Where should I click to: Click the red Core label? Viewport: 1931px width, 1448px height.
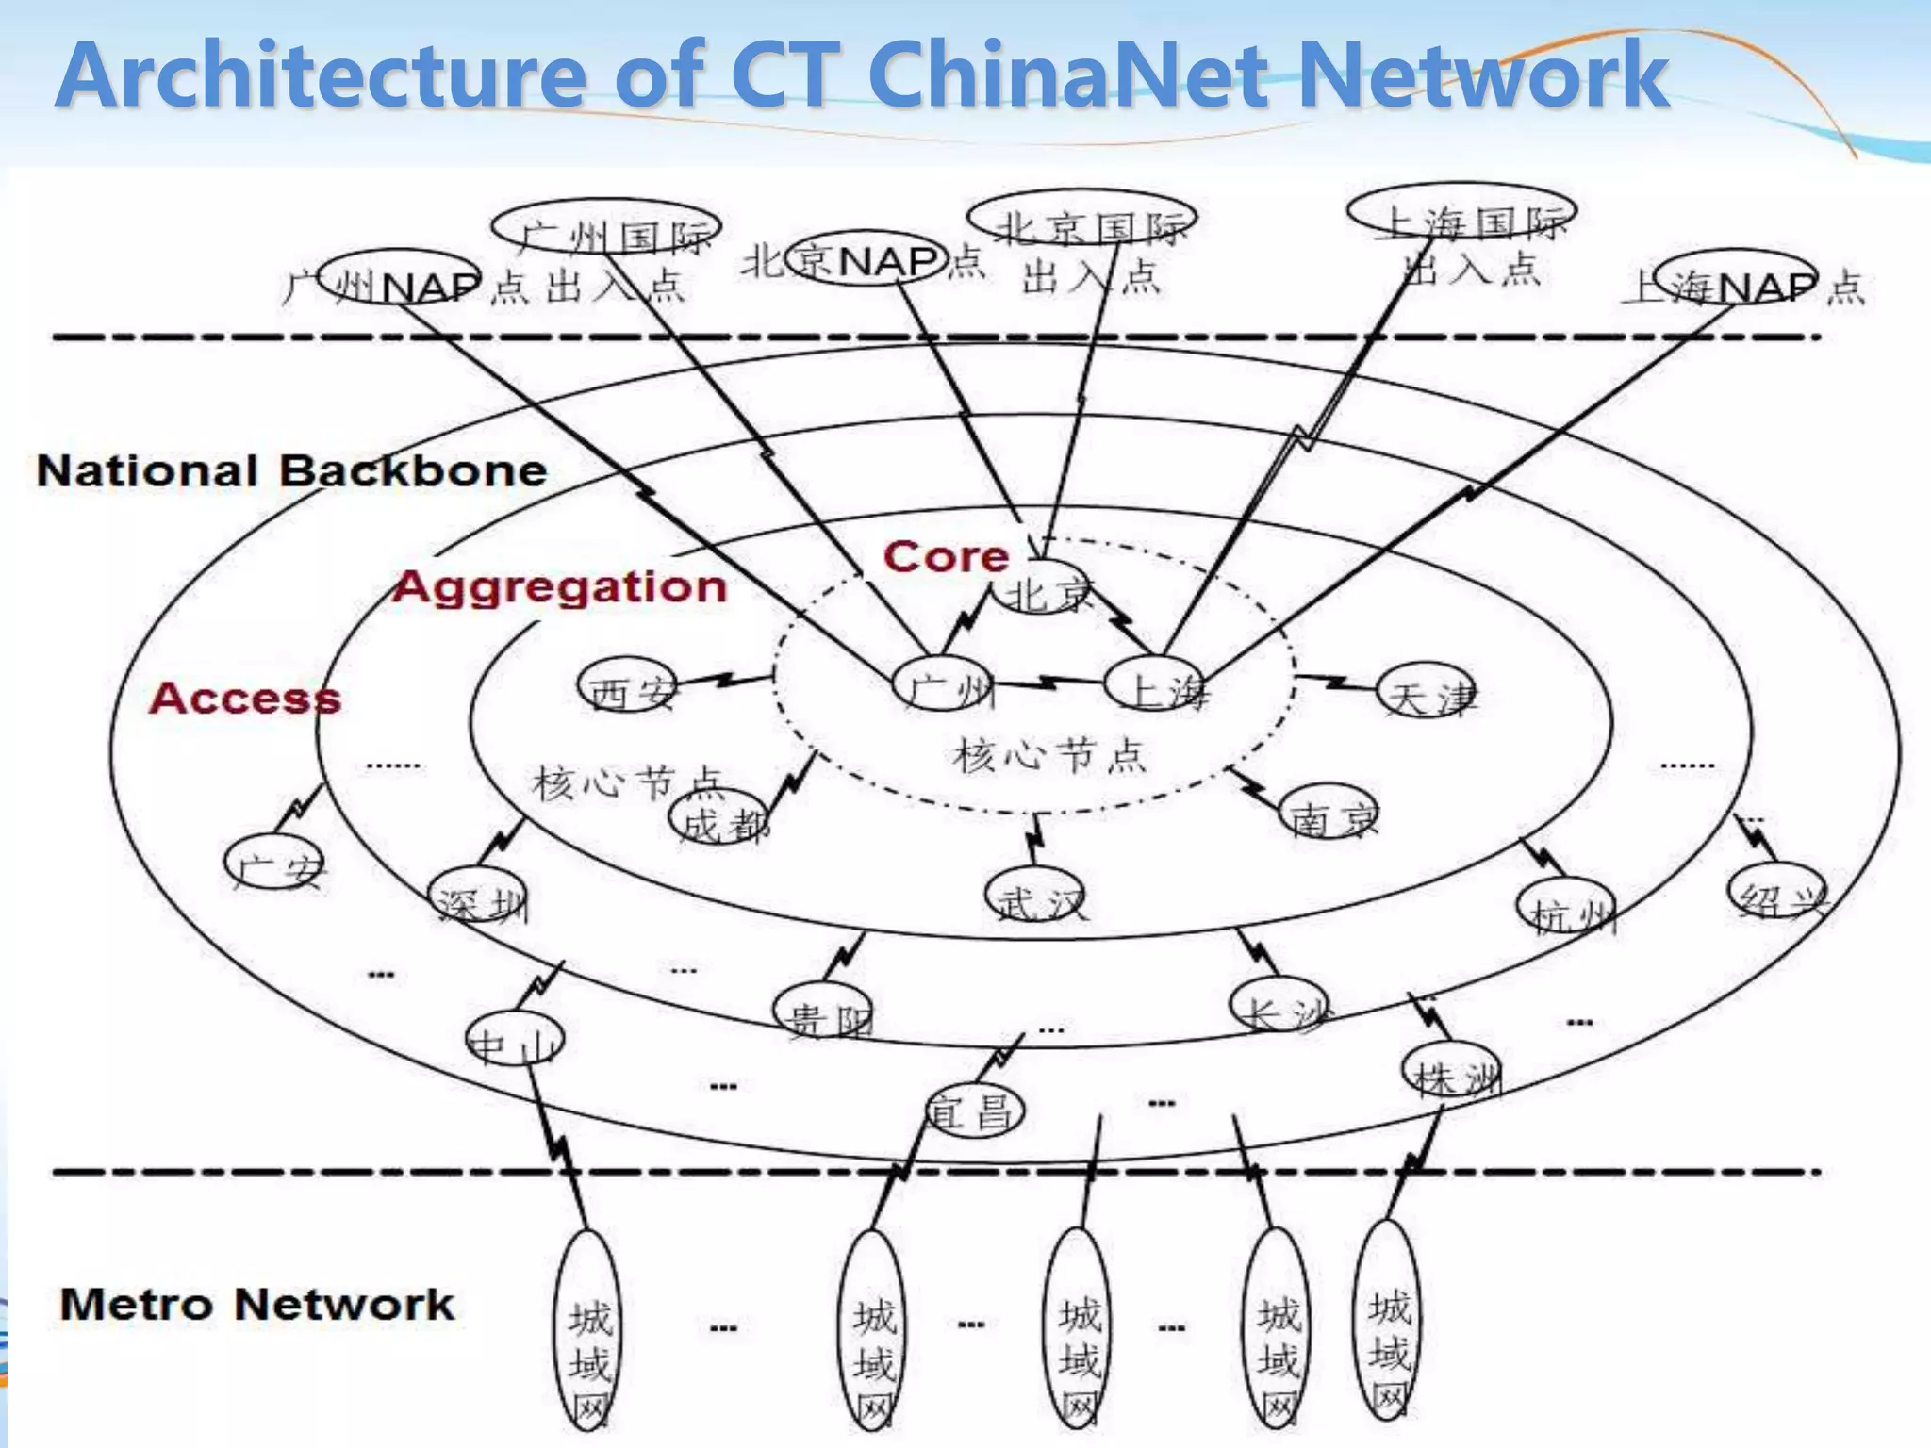pyautogui.click(x=946, y=557)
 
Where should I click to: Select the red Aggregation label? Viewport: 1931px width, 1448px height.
pyautogui.click(x=560, y=586)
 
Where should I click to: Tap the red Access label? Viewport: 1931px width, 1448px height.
pyautogui.click(x=245, y=699)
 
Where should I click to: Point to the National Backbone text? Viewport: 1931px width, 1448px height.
pyautogui.click(x=291, y=470)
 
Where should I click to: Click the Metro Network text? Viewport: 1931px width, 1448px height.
pyautogui.click(x=256, y=1305)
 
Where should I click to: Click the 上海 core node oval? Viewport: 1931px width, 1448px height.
pyautogui.click(x=1155, y=685)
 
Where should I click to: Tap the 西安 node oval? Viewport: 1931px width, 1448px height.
pyautogui.click(x=628, y=687)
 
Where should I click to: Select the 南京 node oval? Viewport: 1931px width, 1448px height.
pyautogui.click(x=1329, y=813)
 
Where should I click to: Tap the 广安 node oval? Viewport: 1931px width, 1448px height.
pyautogui.click(x=274, y=863)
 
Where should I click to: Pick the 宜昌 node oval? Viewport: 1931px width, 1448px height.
pyautogui.click(x=974, y=1111)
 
